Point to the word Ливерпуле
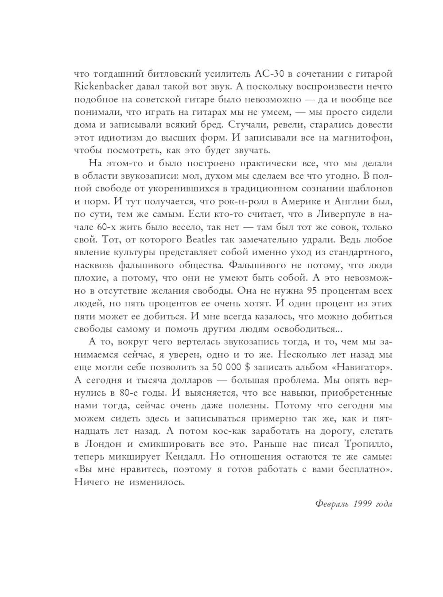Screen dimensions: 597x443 [338, 214]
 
